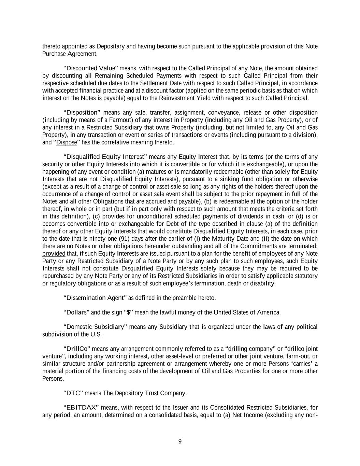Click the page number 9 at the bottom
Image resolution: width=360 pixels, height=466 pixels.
tap(180, 441)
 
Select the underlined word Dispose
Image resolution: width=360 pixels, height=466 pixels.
tap(67, 142)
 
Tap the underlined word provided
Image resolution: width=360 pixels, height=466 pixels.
tap(54, 254)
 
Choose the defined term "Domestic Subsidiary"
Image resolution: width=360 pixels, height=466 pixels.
tap(96, 327)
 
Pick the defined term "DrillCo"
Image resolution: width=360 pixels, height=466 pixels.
tap(77, 349)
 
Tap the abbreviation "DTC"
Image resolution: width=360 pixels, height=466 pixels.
tap(73, 393)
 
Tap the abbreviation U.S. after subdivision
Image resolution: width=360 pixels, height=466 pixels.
tap(96, 335)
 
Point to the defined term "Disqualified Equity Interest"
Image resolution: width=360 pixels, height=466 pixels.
tap(105, 157)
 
